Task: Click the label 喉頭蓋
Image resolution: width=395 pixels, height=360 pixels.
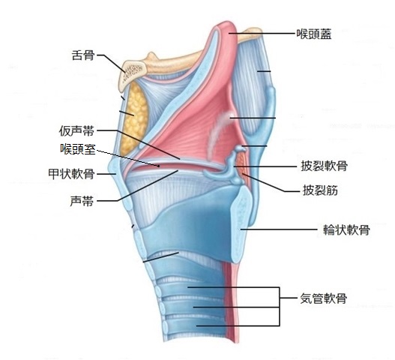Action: pos(313,34)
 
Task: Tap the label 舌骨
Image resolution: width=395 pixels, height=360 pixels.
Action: pos(83,55)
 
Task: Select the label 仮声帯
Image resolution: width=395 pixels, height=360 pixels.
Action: pos(77,130)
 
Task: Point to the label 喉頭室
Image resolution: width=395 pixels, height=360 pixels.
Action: pos(78,149)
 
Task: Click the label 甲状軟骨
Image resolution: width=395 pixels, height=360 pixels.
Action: pos(71,174)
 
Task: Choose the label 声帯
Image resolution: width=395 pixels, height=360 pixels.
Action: pos(82,201)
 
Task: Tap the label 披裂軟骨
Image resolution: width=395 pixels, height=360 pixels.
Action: pos(325,166)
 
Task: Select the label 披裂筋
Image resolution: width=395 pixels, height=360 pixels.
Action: pos(320,190)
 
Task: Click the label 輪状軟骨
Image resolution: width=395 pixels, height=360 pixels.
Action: pos(346,230)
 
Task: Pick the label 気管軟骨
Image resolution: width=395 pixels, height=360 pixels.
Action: pos(324,298)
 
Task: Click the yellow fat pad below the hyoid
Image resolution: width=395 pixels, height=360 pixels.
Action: pos(133,118)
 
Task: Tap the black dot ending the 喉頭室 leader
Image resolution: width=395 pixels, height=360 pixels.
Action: pos(159,166)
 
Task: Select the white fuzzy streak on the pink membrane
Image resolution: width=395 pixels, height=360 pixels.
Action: pos(218,133)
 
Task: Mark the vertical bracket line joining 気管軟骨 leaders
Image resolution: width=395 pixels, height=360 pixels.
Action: pos(279,307)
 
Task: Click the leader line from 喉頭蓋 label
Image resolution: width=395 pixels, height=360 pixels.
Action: pos(262,33)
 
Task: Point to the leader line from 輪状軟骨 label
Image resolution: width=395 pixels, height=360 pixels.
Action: pos(279,229)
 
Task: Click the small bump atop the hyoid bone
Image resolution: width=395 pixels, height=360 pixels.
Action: pos(151,55)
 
